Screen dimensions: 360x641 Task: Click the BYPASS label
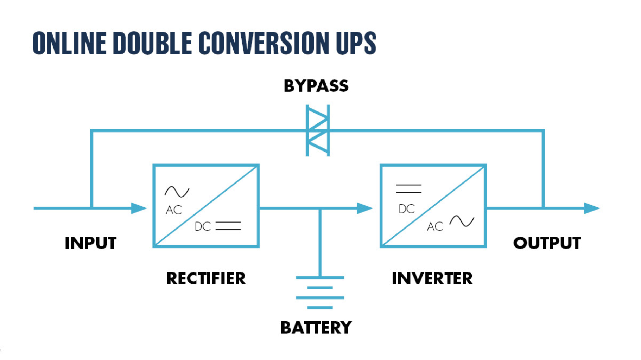[x=316, y=86]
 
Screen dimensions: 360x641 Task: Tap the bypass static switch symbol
[x=318, y=130]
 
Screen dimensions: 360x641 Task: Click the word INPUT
[x=90, y=243]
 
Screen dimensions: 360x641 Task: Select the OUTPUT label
[x=547, y=243]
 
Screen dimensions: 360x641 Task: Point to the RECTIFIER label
[x=206, y=278]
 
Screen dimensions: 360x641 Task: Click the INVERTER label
[x=432, y=278]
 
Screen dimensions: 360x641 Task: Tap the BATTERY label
[x=316, y=328]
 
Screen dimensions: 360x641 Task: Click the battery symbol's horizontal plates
[x=320, y=292]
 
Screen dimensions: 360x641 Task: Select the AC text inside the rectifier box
[x=174, y=210]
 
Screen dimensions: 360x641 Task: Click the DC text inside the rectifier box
[x=203, y=227]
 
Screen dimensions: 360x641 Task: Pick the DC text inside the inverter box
[x=407, y=209]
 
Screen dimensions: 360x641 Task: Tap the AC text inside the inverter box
[x=435, y=227]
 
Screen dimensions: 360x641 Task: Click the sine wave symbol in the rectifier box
[x=177, y=192]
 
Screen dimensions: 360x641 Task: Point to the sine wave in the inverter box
[x=462, y=221]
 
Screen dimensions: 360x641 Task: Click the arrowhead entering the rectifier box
[x=139, y=208]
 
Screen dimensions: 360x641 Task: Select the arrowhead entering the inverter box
[x=364, y=208]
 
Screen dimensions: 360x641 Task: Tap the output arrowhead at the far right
[x=592, y=208]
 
